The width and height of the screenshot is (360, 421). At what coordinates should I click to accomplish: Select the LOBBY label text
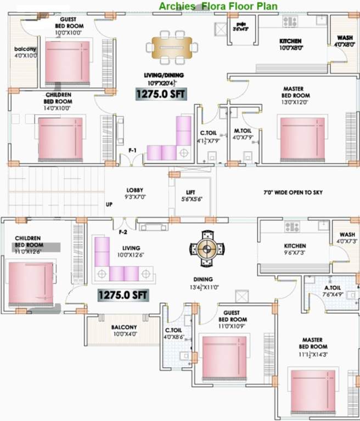coord(134,193)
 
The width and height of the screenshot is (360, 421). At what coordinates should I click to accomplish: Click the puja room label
coord(240,26)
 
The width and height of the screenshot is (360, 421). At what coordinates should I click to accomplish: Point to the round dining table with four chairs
coord(207,249)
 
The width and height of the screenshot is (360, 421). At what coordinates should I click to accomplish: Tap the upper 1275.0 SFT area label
coord(161,94)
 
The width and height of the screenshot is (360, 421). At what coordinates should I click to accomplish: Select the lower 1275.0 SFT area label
coord(123,295)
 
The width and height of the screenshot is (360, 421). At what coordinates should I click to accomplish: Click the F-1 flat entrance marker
coord(132,150)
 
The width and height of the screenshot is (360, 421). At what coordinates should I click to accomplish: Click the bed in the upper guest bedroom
coord(67,62)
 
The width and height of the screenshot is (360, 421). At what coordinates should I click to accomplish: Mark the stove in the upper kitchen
coord(289,22)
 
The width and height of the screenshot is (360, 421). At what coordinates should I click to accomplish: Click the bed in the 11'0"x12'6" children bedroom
coord(31,284)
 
